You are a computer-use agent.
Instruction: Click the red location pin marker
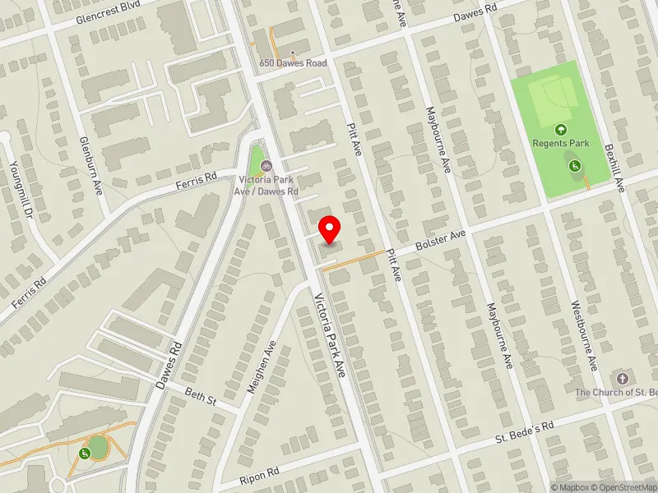(x=330, y=229)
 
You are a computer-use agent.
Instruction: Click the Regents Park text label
(x=561, y=143)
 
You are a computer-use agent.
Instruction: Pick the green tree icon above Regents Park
(x=561, y=129)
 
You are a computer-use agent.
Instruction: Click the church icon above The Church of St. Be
(x=622, y=379)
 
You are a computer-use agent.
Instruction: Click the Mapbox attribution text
(x=569, y=487)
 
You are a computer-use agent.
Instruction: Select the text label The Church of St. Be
(x=616, y=393)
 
